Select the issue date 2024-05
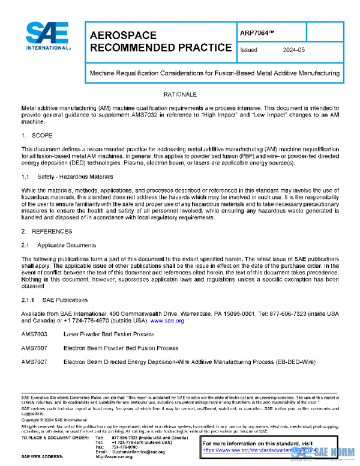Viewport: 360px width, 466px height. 289,50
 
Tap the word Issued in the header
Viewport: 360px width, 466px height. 249,50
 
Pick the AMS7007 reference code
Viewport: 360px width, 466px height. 34,348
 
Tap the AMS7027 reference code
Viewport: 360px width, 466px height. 34,362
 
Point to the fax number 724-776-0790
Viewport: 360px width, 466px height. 125,447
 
